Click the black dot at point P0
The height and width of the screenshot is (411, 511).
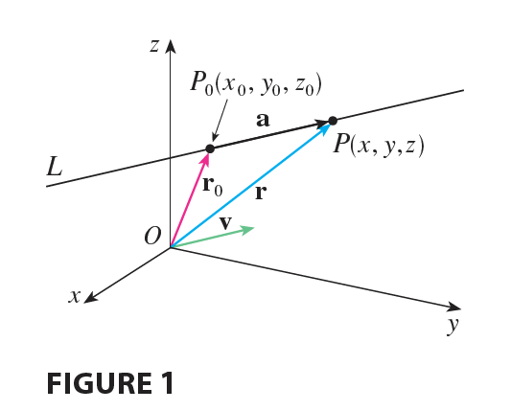210,148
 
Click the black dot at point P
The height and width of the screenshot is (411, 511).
333,121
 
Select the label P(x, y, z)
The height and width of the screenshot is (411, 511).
379,145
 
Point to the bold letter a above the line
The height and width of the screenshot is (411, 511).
263,120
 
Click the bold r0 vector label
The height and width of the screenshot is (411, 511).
213,187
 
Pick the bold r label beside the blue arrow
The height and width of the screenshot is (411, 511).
261,193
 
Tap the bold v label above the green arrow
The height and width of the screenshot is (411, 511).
225,223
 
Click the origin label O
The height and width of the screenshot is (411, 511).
152,236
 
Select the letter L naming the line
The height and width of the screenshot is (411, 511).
54,167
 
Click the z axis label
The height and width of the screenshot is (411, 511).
154,46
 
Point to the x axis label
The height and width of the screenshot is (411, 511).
75,296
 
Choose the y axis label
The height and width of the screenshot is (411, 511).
453,325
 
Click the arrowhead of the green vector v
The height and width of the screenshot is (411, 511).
247,229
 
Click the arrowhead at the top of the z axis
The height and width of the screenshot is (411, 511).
170,47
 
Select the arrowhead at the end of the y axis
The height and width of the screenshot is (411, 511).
453,307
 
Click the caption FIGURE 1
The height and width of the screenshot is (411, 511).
110,383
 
